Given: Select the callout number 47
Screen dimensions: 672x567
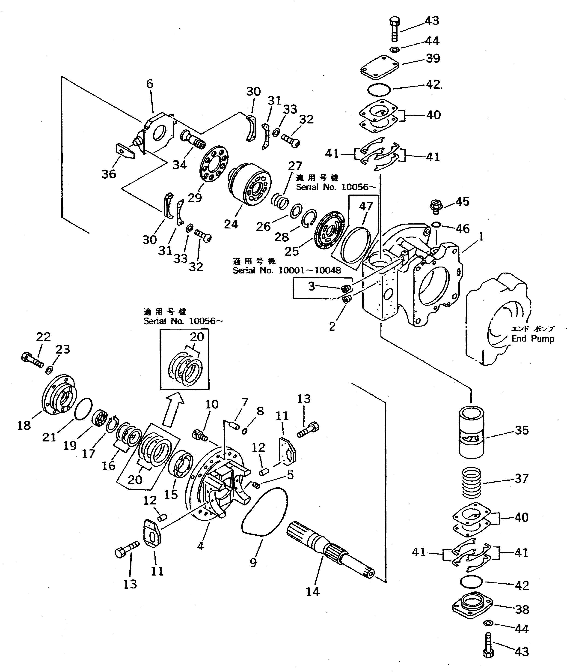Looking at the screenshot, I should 366,206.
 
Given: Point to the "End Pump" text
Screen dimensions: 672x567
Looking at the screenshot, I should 533,339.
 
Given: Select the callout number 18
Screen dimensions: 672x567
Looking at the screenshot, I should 24,425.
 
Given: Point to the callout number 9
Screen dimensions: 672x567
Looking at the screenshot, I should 253,563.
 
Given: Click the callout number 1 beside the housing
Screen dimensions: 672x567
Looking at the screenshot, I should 481,237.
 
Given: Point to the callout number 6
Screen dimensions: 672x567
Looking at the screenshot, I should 150,84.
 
